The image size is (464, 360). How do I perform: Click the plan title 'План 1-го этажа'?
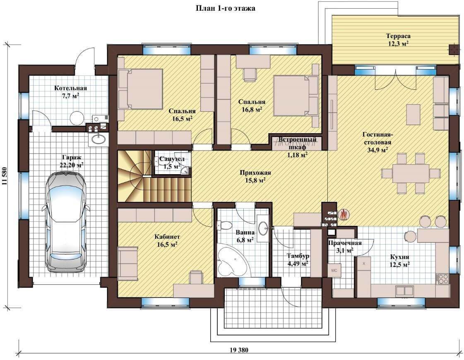(x=226, y=8)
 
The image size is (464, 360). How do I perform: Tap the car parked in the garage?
(x=66, y=222)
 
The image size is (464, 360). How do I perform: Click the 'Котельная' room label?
(x=70, y=88)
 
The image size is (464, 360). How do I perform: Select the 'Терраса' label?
(x=398, y=36)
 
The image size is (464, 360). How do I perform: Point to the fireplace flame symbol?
(x=343, y=214)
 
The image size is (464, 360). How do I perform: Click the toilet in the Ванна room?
(x=224, y=226)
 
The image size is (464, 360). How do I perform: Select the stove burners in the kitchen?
(x=443, y=278)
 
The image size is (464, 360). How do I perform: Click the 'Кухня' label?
(x=399, y=257)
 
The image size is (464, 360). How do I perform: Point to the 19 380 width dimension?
(x=239, y=350)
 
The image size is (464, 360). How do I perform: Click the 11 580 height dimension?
(x=5, y=176)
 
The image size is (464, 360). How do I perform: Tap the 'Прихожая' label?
(x=255, y=173)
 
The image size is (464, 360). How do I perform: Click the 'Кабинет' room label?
(x=167, y=237)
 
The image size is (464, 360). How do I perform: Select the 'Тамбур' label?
(x=298, y=256)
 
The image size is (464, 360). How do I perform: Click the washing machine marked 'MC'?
(x=334, y=270)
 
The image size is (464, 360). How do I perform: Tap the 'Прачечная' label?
(x=345, y=243)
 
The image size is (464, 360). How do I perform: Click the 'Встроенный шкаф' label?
(x=297, y=143)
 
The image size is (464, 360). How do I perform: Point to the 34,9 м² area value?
(x=377, y=150)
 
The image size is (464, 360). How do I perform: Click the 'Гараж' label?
(x=72, y=158)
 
